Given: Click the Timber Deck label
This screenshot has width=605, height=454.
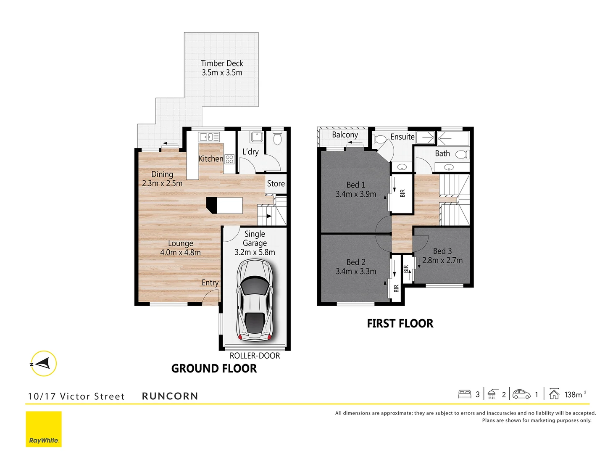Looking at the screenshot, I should tap(222, 63).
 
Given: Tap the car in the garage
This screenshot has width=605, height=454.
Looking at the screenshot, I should tap(255, 300).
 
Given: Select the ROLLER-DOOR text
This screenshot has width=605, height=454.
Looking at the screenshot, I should tap(255, 356).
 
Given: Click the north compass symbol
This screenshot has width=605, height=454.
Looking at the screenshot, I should tap(43, 363).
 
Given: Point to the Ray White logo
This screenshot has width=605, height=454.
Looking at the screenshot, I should tap(44, 429).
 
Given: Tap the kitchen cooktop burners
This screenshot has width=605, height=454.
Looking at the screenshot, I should tap(229, 159).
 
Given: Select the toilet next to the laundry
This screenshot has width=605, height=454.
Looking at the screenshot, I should tap(277, 138).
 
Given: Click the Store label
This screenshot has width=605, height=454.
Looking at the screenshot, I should tap(276, 184).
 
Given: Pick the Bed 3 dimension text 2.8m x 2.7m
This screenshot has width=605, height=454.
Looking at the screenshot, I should tap(442, 261).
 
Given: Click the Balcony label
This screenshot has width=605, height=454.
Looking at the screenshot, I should tap(345, 135).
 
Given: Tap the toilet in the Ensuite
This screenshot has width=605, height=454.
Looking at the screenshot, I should tap(380, 139).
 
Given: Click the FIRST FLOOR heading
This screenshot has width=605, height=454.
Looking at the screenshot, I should tap(400, 323).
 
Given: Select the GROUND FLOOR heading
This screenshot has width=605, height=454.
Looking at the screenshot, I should tap(214, 369).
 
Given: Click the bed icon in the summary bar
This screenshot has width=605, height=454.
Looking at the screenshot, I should tap(465, 394).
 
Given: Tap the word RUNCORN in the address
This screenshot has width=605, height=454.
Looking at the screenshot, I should tap(170, 396).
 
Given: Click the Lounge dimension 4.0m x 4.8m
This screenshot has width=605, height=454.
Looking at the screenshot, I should tap(180, 253).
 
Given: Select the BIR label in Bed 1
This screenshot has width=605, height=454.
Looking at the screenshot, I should tap(402, 193).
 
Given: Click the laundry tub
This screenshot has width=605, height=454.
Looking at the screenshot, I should tap(256, 137).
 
